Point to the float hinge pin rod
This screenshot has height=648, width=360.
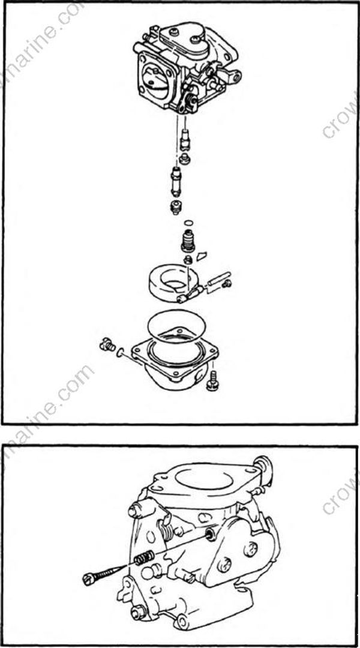coord(218,282)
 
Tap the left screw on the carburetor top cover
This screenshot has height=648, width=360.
coord(175,32)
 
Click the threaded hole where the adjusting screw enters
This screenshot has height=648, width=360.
coord(208,533)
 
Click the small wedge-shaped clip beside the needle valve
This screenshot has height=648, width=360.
coord(202,254)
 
